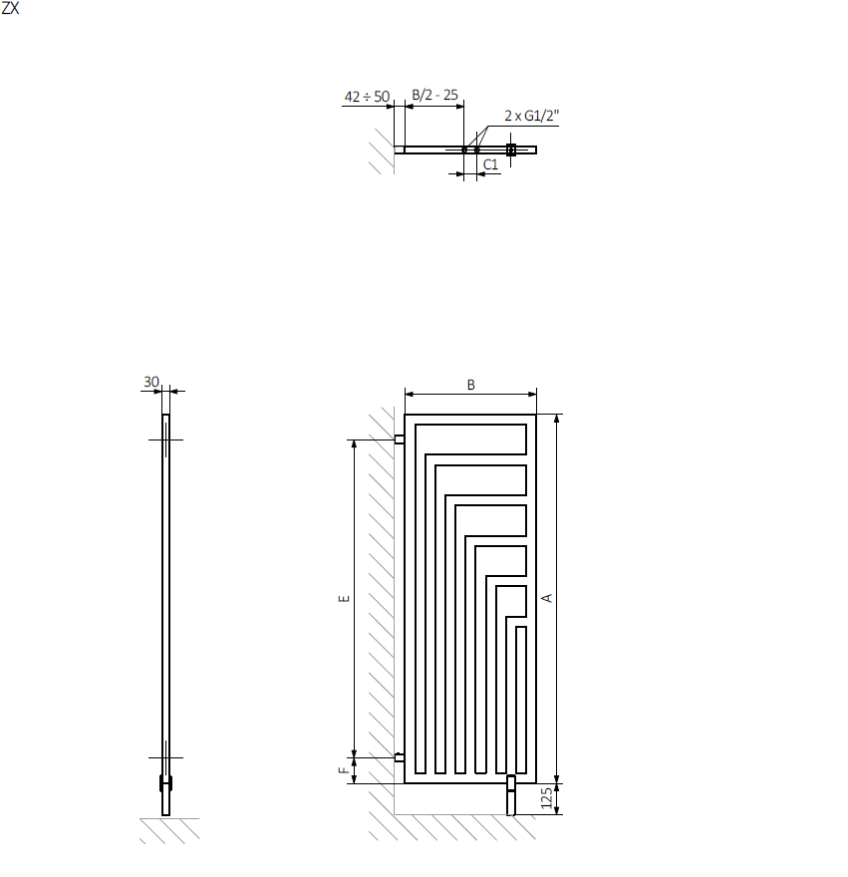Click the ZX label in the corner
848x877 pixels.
(x=10, y=8)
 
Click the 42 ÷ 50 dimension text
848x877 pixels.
(x=367, y=97)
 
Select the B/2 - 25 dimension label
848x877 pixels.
(x=434, y=95)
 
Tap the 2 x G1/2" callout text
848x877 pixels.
(x=531, y=116)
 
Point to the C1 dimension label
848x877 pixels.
(x=490, y=164)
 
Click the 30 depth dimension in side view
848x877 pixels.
(x=151, y=382)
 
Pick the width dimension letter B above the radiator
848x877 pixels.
(x=471, y=385)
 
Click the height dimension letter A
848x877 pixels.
(x=547, y=598)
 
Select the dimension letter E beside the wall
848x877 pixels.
(x=344, y=599)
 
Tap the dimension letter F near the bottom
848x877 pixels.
(x=344, y=770)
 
